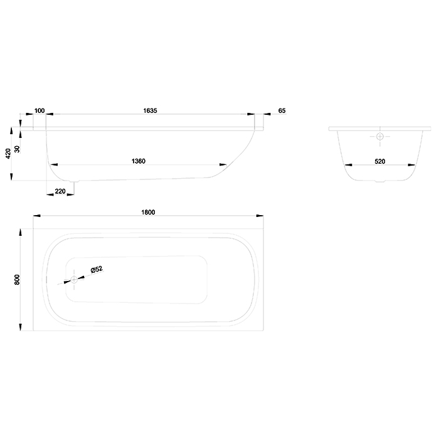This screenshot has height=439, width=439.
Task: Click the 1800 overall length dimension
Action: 148,212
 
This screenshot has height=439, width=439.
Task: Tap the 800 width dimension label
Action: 17,280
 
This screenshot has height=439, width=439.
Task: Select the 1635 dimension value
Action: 150,110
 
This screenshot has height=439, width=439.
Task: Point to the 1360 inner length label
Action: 139,161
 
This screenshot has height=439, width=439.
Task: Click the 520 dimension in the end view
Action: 379,161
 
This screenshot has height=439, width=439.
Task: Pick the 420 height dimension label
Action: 8,154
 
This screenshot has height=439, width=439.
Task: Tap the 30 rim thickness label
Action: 17,149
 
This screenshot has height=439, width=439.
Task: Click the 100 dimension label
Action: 40,110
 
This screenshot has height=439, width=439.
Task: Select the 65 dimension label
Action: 282,110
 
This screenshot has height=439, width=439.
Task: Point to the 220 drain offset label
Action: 60,191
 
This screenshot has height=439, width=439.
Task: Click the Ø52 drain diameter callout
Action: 97,270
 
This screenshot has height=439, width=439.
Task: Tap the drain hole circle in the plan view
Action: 74,280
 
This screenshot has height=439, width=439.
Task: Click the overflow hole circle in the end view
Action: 380,136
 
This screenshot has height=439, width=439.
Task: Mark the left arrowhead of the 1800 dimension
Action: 36,216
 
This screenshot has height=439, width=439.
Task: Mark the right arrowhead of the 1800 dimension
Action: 260,216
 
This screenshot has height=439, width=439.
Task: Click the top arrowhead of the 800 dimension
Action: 20,233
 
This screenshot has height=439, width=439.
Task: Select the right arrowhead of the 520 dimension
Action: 411,165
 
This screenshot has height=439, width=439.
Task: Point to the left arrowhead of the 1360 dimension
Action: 54,164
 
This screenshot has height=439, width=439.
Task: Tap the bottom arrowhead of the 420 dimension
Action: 11,177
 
